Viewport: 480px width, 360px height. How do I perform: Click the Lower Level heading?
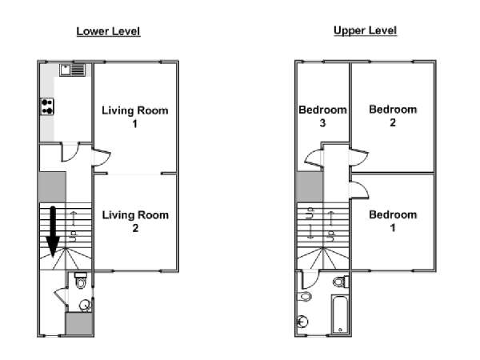tap(108, 31)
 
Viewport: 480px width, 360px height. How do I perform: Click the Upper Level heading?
tap(366, 30)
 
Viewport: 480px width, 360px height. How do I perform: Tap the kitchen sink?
tap(73, 70)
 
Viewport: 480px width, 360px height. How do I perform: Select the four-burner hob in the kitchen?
tap(47, 106)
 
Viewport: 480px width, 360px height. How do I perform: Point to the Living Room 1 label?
tap(135, 117)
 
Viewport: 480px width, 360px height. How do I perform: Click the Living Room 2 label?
tap(135, 221)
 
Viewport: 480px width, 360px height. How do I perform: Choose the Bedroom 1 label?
tap(393, 221)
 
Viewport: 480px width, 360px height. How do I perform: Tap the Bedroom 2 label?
tap(393, 116)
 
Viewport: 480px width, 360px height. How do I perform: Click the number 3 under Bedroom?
tap(322, 123)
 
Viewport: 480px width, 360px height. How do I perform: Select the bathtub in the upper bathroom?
tap(340, 314)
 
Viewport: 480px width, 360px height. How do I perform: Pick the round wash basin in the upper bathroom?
tap(302, 322)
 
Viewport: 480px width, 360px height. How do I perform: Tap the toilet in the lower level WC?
tap(81, 281)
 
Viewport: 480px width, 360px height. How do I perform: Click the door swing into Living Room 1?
tap(102, 158)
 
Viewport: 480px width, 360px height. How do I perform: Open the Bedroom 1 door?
tap(359, 190)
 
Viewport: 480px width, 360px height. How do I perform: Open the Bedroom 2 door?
tap(359, 157)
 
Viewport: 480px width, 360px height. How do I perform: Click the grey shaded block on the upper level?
tap(310, 186)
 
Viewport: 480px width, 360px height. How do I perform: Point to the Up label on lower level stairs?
tap(74, 236)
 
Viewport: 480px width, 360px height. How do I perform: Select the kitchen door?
tap(70, 151)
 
